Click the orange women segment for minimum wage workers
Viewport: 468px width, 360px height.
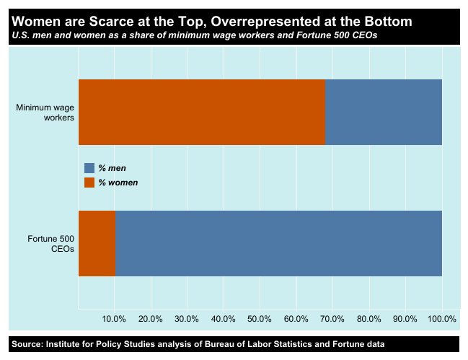[201, 112]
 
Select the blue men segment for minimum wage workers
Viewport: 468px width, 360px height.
[384, 112]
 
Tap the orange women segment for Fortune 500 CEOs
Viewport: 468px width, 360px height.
[96, 243]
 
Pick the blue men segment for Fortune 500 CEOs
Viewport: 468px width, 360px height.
[278, 243]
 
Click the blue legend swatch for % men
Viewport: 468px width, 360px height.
[89, 168]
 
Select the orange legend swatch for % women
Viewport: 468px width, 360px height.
[89, 183]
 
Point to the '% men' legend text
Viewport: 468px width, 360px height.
[112, 168]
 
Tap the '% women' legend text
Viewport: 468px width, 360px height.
[118, 183]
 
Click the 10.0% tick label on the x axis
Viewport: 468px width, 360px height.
[115, 319]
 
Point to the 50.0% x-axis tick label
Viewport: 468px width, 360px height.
[260, 319]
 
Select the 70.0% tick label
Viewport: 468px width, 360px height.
[332, 319]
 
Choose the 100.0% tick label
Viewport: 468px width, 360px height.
[441, 319]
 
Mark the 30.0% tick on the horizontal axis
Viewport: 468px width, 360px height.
[187, 319]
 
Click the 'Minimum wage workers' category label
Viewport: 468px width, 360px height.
[45, 113]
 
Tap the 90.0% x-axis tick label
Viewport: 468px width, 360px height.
[405, 319]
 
